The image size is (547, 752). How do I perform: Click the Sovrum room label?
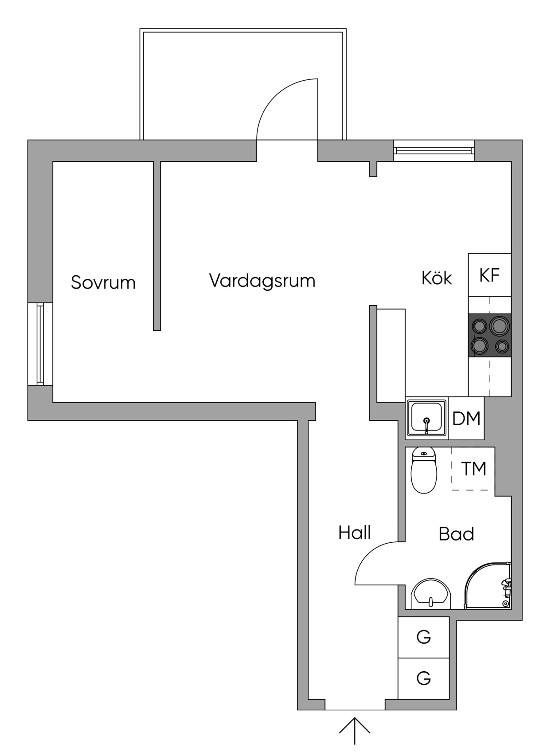[x=103, y=282]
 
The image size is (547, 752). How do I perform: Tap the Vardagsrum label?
[x=262, y=280]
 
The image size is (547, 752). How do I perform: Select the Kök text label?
[x=437, y=278]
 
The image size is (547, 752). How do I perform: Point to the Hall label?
[x=354, y=533]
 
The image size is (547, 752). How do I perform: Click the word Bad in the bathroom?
[x=457, y=534]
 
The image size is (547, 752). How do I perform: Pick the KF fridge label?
[x=489, y=275]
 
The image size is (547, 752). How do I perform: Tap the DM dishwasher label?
[x=466, y=419]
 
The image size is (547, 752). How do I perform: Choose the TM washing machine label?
[x=473, y=469]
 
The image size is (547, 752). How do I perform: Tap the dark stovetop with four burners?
[x=490, y=335]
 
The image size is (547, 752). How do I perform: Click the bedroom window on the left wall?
[x=40, y=344]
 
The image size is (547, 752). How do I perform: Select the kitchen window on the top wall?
[x=434, y=151]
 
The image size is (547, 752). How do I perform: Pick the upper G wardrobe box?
[x=423, y=637]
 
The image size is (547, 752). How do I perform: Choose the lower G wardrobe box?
[x=423, y=678]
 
